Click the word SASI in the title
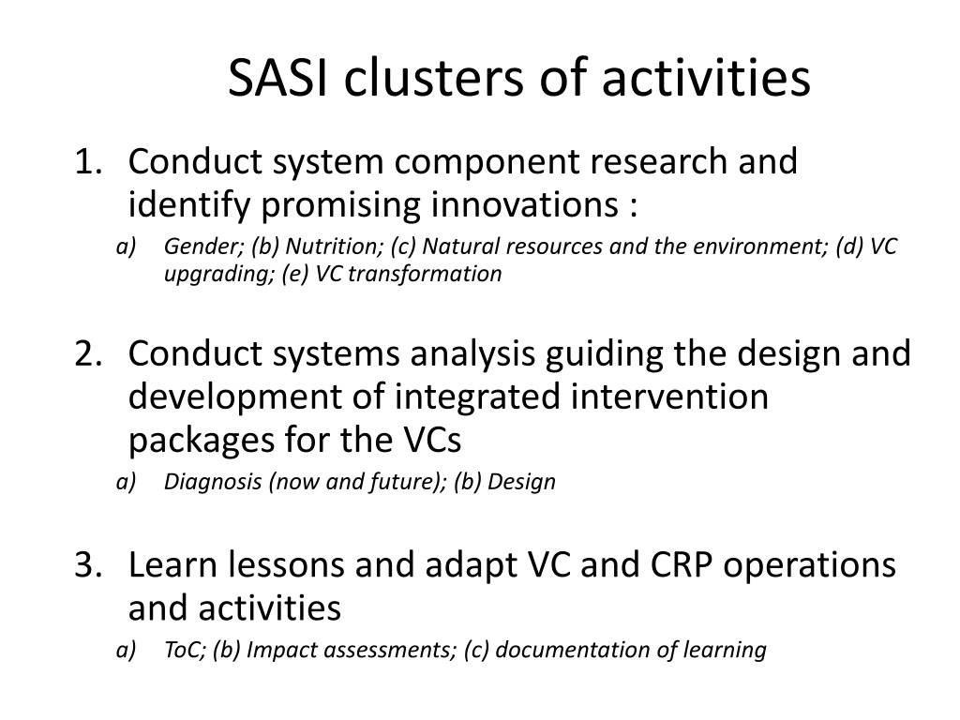(277, 79)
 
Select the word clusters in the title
(434, 78)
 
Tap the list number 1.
(87, 162)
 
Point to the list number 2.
(87, 354)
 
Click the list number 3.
(87, 565)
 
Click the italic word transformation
(425, 274)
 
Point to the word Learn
(172, 565)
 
